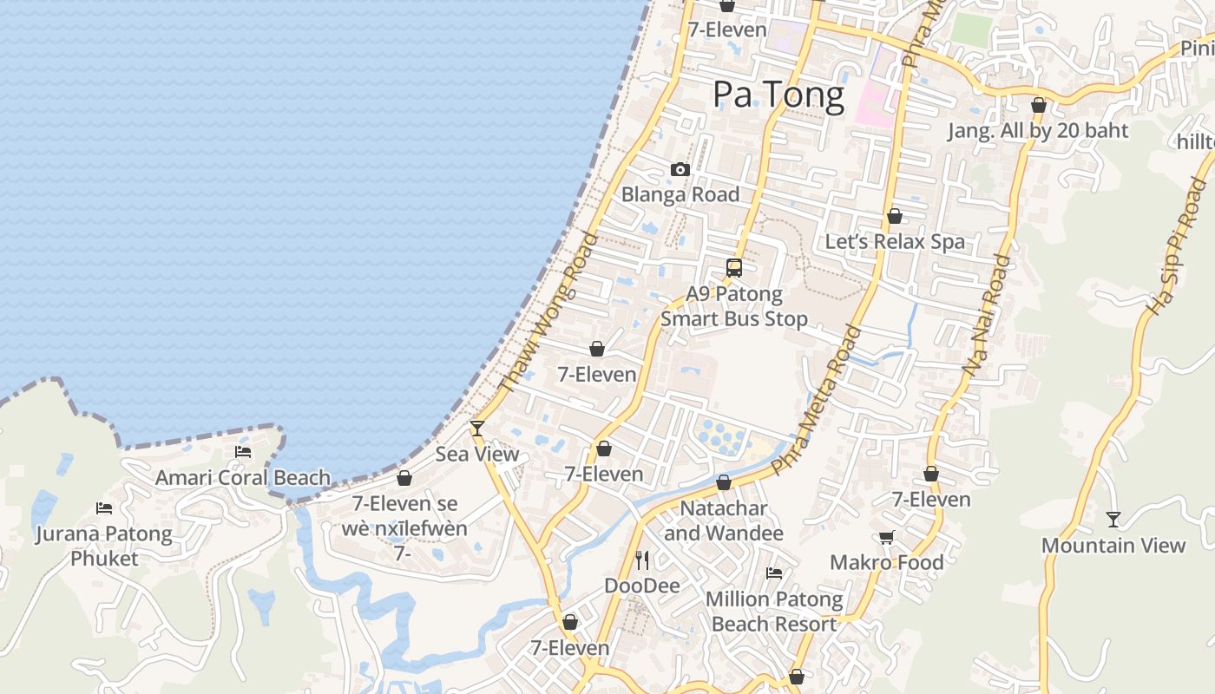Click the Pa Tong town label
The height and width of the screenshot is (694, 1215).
[x=778, y=95]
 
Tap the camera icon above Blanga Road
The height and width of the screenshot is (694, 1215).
[x=680, y=169]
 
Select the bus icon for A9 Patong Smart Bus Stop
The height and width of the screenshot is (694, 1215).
[x=734, y=268]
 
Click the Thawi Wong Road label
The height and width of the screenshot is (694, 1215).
[x=550, y=311]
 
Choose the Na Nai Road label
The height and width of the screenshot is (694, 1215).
[x=987, y=315]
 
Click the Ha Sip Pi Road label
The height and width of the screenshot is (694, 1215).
[x=1177, y=246]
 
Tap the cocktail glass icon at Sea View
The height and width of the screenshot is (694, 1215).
[x=476, y=428]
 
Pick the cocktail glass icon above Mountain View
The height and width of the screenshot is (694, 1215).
[x=1113, y=520]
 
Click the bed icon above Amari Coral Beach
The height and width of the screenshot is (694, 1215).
[x=243, y=452]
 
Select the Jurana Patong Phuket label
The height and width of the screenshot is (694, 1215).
[x=104, y=546]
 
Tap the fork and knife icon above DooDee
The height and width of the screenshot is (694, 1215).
[x=642, y=560]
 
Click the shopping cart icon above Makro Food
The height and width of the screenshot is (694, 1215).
[x=886, y=538]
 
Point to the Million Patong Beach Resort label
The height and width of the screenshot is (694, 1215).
[x=774, y=612]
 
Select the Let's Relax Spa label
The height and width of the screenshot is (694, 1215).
[x=895, y=241]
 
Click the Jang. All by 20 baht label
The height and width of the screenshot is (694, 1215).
[x=1038, y=131]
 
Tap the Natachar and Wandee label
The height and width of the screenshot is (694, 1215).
[x=724, y=520]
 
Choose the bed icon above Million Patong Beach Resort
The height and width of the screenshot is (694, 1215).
[x=774, y=573]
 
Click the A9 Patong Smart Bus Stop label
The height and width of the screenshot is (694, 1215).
[x=734, y=306]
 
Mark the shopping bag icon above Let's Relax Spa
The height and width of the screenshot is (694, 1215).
[x=895, y=216]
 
